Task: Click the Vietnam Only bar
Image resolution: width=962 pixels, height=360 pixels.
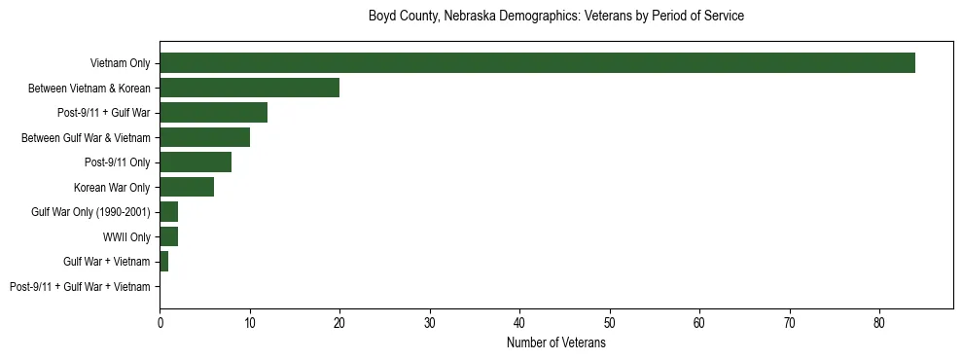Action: tap(537, 63)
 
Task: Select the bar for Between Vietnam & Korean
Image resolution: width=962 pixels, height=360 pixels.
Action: tap(249, 88)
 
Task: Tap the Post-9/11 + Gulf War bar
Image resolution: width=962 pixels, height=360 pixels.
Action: tap(213, 113)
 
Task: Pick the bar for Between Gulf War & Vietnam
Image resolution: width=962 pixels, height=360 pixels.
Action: tap(204, 137)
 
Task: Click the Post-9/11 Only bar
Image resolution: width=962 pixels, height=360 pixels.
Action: tap(196, 162)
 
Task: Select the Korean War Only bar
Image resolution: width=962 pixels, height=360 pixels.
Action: tap(187, 187)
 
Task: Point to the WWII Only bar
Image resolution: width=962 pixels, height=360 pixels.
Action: tap(168, 236)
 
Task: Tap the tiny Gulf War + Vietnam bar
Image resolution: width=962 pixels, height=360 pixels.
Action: tap(164, 262)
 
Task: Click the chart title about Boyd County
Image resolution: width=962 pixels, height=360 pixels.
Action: tap(556, 17)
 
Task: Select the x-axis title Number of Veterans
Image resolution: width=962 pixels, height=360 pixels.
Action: tap(556, 343)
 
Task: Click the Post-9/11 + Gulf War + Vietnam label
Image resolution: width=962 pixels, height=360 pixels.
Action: tap(80, 287)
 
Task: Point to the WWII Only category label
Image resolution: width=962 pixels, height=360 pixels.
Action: tap(126, 236)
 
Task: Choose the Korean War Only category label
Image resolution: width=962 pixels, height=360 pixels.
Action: tap(112, 187)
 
